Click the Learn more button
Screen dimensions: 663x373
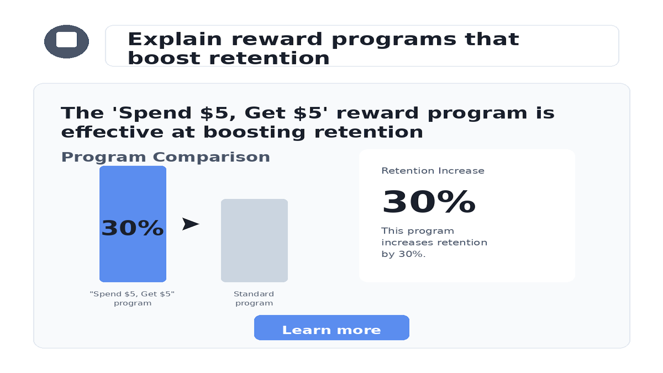[331, 328]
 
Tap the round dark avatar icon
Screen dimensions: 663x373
[66, 41]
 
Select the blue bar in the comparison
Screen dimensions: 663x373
[133, 224]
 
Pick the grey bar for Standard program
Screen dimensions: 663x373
[254, 240]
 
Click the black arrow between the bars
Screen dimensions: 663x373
[190, 224]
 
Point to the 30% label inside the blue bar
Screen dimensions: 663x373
[133, 228]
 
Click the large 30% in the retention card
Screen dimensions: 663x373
[429, 202]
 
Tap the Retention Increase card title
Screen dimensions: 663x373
[433, 171]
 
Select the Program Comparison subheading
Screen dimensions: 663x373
[165, 157]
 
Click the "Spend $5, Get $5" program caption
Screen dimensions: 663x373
[132, 298]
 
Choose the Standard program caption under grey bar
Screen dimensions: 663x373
[254, 298]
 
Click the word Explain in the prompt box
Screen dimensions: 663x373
[174, 39]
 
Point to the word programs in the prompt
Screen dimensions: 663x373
[394, 40]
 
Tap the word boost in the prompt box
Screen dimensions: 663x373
[164, 58]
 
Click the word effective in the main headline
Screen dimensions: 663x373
[112, 132]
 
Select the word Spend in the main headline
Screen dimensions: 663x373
[155, 114]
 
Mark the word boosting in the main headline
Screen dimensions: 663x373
[254, 132]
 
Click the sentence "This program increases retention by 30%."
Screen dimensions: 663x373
[434, 242]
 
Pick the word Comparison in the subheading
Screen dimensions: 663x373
[211, 157]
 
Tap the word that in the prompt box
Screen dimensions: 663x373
[492, 39]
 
